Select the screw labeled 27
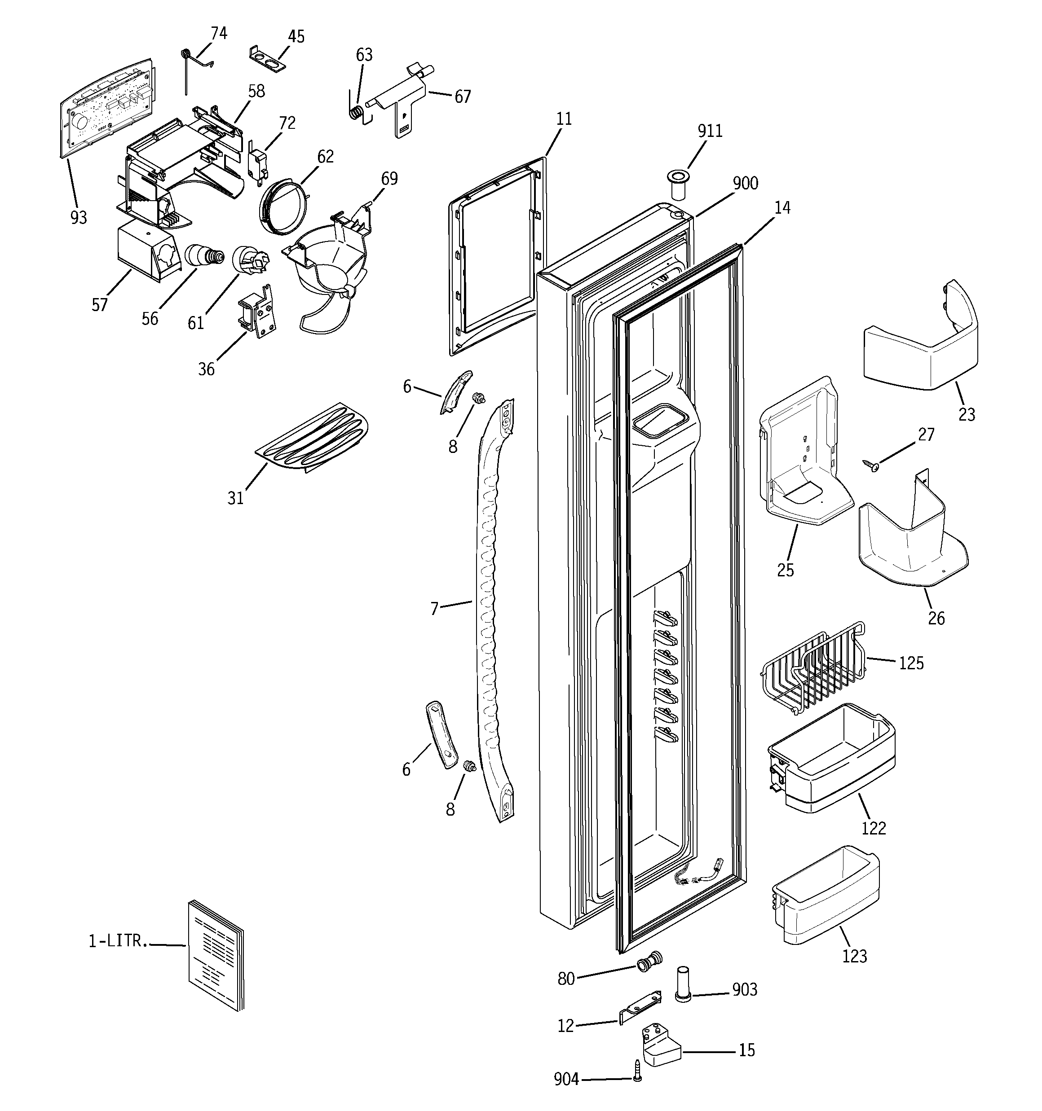[870, 463]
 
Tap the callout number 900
[745, 183]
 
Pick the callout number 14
[782, 208]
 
